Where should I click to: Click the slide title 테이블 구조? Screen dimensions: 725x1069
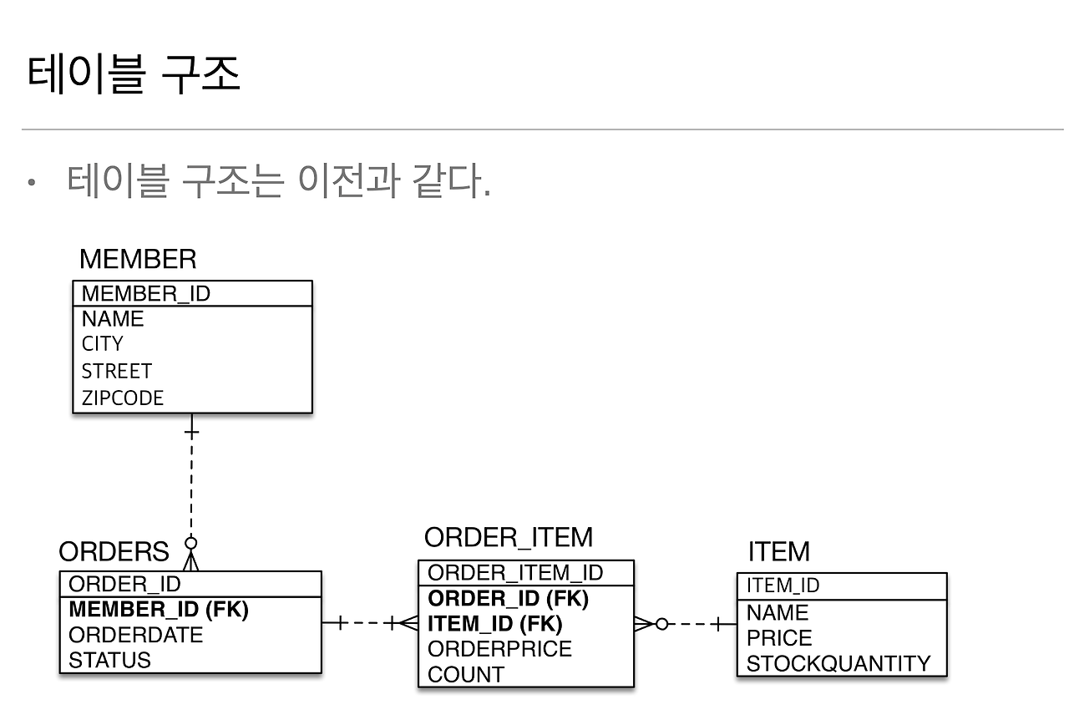(134, 75)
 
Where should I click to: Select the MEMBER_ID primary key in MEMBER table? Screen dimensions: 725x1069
(146, 294)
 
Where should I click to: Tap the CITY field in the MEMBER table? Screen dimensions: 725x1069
(102, 344)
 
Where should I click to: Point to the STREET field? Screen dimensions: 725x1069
(117, 371)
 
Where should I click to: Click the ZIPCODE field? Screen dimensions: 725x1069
(123, 398)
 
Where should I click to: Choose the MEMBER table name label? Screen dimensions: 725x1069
(138, 260)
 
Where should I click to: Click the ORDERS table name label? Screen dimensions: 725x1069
(114, 552)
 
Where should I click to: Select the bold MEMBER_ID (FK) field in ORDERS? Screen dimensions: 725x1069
(159, 610)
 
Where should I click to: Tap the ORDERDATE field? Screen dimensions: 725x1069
(136, 635)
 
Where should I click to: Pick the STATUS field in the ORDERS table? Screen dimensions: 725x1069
(110, 660)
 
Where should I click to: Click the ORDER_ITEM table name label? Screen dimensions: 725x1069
(509, 537)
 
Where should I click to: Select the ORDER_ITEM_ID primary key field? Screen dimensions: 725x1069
(515, 573)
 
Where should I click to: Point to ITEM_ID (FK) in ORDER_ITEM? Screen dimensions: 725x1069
(495, 624)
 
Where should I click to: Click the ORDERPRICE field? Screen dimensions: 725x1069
(500, 649)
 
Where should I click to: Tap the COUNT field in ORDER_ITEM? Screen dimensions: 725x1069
(466, 674)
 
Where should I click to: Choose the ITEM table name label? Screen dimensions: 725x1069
(778, 552)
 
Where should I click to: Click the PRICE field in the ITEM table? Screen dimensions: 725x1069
(779, 638)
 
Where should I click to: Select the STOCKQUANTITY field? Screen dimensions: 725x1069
(838, 663)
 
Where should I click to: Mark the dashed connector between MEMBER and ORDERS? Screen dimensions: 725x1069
(191, 484)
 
